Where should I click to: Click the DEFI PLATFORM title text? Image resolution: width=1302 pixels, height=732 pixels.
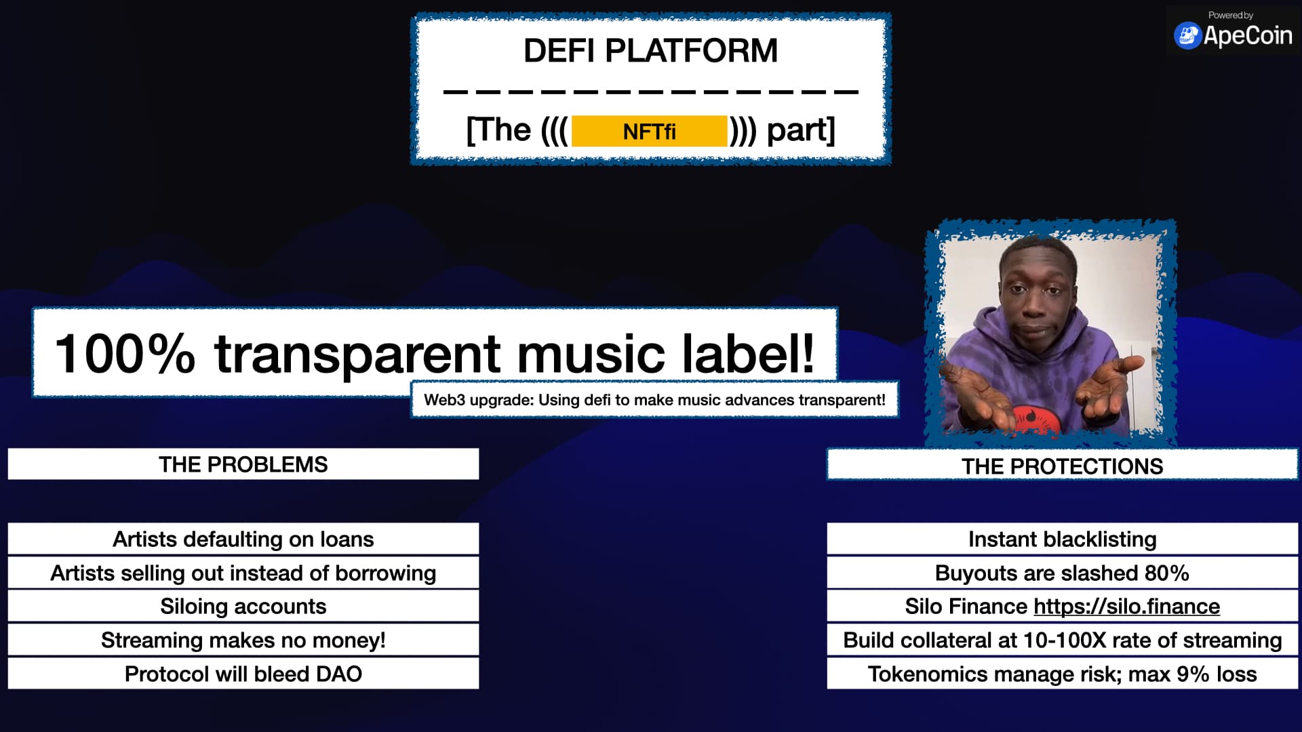[x=650, y=51]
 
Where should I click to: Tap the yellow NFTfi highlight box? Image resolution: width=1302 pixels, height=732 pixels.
[x=649, y=131]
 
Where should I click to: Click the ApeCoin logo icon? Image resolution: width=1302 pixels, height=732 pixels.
[x=1187, y=36]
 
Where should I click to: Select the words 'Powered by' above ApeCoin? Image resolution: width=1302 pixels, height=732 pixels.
[x=1230, y=15]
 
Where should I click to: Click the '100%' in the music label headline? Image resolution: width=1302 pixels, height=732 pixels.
[x=124, y=354]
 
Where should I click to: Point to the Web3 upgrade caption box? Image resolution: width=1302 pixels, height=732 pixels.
[x=654, y=400]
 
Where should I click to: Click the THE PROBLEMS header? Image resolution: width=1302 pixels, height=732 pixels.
[x=243, y=464]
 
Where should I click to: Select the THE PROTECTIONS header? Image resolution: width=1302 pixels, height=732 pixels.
[x=1062, y=466]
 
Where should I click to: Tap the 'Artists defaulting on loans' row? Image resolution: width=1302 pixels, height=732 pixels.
[x=243, y=539]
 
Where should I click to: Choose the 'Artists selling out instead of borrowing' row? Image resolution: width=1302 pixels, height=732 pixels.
[x=243, y=573]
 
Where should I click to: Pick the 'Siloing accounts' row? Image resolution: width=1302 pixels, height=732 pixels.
[x=243, y=606]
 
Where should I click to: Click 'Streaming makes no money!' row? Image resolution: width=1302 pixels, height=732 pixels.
[x=243, y=640]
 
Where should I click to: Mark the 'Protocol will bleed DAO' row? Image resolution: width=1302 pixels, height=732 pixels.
[x=243, y=674]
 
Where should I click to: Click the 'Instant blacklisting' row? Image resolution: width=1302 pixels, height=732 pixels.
[x=1062, y=539]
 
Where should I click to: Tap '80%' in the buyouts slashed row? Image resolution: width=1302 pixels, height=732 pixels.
[x=1166, y=573]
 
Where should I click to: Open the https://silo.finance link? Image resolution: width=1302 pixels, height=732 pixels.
[x=1126, y=606]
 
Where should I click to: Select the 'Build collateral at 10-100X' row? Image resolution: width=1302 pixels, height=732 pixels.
[x=1062, y=640]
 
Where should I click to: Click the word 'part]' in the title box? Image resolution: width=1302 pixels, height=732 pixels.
[x=801, y=129]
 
